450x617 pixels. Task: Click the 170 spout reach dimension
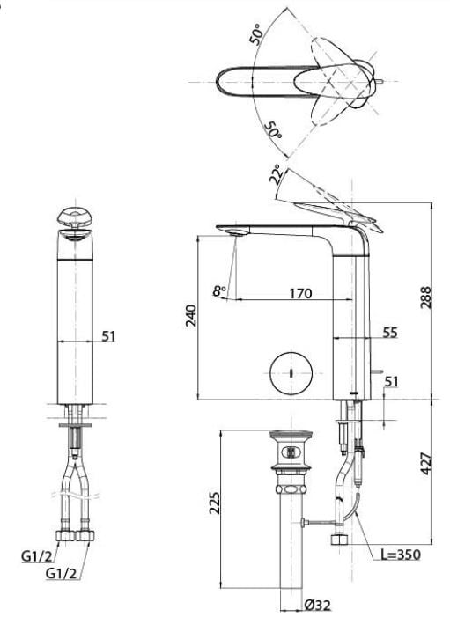[300, 293]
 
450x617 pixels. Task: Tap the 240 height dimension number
[192, 315]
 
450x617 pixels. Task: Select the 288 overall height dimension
[425, 297]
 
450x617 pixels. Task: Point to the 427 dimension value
[425, 464]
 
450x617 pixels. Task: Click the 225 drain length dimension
[215, 503]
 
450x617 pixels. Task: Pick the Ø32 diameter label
[318, 605]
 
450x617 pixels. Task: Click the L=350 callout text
[401, 555]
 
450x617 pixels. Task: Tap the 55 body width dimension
[390, 333]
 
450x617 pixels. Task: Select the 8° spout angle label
[219, 291]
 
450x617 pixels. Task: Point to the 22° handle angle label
[276, 174]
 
